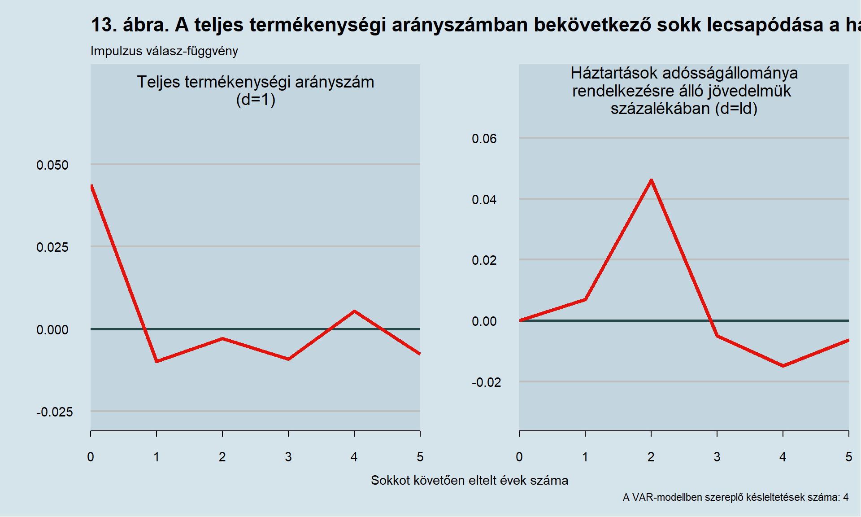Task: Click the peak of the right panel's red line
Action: point(651,180)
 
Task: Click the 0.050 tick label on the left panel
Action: point(52,165)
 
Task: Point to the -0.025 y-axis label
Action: point(54,412)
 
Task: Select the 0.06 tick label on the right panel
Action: point(484,139)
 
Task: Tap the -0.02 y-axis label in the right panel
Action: point(486,382)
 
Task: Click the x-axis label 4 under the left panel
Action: point(354,457)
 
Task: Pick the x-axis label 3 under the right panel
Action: point(717,457)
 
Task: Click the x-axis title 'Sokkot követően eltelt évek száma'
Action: point(470,480)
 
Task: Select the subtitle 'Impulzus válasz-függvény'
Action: point(164,51)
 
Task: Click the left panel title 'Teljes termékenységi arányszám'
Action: point(255,82)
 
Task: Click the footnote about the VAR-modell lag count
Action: point(735,497)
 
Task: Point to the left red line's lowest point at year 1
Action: point(157,361)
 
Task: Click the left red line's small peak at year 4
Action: point(354,311)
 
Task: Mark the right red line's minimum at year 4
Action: point(783,366)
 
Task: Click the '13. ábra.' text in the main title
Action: point(130,25)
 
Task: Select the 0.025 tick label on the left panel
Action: point(52,247)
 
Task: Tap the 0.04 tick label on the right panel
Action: point(484,200)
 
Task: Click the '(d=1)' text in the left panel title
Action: point(255,100)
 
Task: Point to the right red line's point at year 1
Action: point(585,299)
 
